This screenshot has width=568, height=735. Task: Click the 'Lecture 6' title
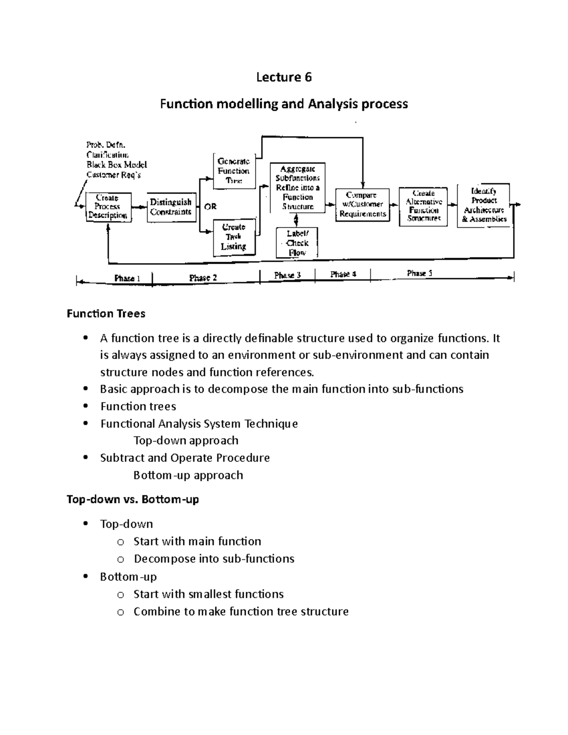click(284, 77)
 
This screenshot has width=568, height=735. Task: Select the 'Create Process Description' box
click(108, 207)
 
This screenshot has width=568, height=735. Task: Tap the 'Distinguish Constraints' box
click(171, 207)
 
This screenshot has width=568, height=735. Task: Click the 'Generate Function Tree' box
click(234, 171)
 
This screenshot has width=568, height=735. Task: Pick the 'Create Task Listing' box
click(234, 237)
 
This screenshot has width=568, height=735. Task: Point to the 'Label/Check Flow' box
click(297, 243)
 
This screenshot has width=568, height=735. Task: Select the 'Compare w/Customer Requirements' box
click(362, 204)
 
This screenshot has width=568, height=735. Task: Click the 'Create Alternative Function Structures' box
click(424, 206)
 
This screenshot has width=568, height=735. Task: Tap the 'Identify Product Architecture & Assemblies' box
click(484, 205)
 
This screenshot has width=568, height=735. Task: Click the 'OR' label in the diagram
click(210, 207)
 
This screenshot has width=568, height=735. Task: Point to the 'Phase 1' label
click(127, 278)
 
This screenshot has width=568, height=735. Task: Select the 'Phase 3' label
click(287, 275)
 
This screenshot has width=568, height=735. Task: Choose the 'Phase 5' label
click(419, 274)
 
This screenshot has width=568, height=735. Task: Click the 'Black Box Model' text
click(116, 165)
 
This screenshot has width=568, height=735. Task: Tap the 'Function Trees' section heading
click(106, 314)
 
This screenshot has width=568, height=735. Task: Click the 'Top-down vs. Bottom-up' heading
click(133, 499)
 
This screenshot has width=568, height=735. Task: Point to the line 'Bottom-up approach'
click(188, 475)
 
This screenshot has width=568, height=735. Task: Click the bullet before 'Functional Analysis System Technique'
click(85, 424)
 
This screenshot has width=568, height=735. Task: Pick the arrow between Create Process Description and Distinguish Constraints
click(140, 207)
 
